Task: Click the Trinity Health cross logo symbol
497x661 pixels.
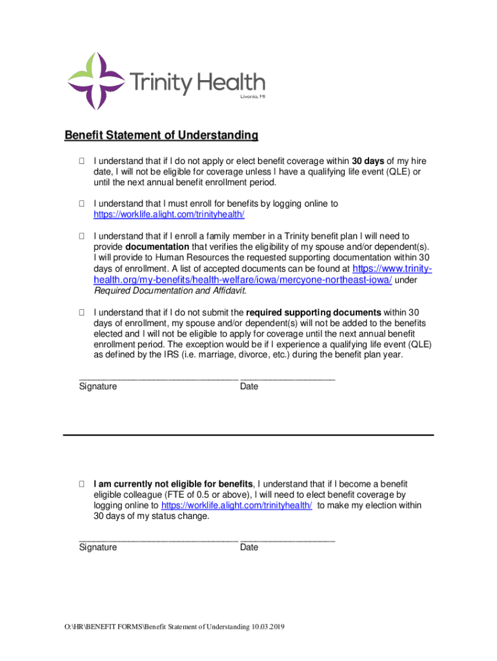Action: click(96, 81)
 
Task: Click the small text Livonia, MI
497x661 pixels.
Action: click(252, 97)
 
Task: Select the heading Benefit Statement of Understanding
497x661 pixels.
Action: click(161, 136)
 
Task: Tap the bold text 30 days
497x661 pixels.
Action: click(368, 161)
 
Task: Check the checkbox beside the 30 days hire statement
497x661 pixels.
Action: click(82, 161)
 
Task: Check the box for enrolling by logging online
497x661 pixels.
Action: click(82, 203)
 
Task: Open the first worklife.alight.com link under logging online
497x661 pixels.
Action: click(169, 214)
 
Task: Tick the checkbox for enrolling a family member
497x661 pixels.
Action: click(82, 236)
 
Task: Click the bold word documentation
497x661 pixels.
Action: click(157, 247)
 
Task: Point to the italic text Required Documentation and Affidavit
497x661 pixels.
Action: click(170, 290)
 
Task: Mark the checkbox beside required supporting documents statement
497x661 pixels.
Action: click(82, 312)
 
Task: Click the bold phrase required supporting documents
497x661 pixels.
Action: click(314, 312)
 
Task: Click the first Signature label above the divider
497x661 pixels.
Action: click(98, 387)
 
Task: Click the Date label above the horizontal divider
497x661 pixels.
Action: click(249, 387)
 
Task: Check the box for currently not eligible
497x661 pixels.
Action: click(82, 483)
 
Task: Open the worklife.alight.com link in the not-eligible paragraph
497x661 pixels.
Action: click(237, 505)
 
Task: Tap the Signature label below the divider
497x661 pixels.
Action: click(98, 547)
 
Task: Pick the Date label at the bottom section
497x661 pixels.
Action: click(249, 547)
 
